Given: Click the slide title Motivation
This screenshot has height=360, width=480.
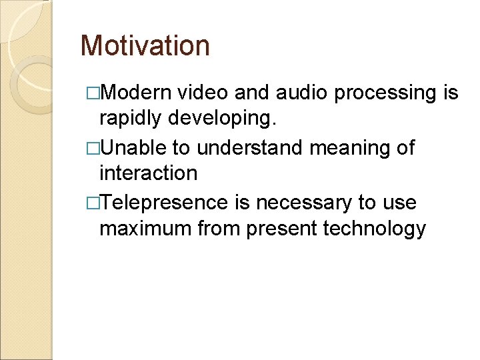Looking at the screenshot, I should [145, 46].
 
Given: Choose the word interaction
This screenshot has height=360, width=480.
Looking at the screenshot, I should [148, 174].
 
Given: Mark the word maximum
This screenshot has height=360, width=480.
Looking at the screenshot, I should [145, 229].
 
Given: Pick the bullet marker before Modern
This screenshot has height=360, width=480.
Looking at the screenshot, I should [93, 93].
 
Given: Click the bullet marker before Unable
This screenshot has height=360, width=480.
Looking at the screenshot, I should [93, 148].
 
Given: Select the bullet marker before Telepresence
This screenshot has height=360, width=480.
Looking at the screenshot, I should [93, 202].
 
